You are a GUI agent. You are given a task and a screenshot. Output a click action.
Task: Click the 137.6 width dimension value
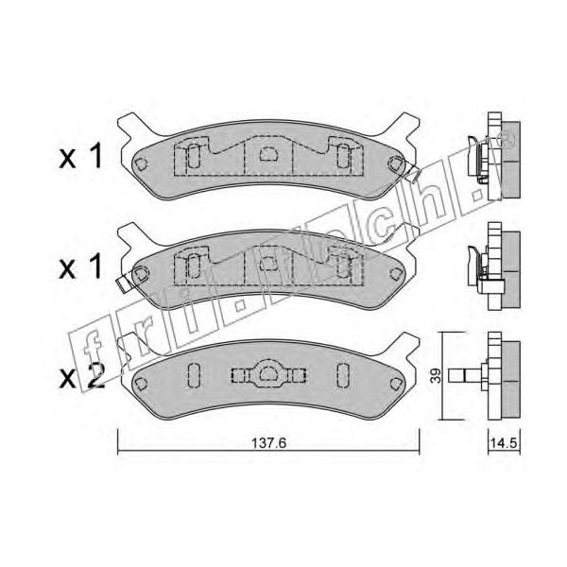pos(268,442)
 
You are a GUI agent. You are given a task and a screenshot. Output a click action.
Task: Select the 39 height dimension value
pos(437,376)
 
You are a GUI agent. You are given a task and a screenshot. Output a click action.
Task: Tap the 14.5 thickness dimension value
pos(506,443)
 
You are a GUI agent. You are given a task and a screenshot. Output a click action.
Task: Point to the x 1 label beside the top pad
pos(81,157)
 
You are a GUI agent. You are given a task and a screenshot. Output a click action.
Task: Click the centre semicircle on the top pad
pos(268,154)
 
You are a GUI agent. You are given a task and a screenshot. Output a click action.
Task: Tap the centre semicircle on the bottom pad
pos(268,373)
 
